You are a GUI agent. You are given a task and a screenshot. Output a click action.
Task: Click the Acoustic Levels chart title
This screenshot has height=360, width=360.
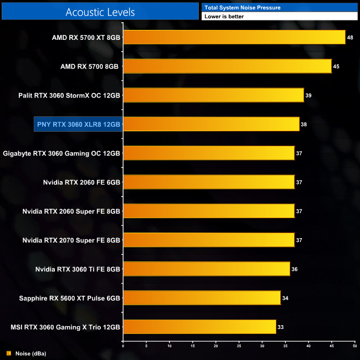100,12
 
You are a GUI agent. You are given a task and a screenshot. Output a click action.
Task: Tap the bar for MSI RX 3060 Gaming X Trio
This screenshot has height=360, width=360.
199,327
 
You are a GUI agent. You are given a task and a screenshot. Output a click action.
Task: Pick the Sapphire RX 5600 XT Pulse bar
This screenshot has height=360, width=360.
202,298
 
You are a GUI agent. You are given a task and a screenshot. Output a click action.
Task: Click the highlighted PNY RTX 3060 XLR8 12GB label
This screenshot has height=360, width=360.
78,124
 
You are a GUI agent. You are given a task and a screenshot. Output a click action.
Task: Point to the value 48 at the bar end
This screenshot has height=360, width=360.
350,38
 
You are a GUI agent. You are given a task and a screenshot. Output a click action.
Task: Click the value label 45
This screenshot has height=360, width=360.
336,67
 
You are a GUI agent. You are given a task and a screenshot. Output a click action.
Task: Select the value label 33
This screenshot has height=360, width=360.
280,327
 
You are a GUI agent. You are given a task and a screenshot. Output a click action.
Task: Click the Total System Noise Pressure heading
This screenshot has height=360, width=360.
242,7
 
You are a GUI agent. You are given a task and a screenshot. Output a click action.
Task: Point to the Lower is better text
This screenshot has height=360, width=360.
224,17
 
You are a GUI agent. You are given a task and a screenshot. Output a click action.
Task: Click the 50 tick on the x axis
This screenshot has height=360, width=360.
354,347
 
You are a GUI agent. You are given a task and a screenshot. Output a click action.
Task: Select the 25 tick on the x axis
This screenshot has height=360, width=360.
239,347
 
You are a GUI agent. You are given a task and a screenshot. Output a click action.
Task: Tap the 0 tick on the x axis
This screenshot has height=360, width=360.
123,347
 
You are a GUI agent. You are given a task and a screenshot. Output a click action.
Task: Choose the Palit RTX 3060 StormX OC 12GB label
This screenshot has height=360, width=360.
69,95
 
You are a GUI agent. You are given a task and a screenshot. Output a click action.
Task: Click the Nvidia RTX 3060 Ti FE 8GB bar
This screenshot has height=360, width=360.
206,269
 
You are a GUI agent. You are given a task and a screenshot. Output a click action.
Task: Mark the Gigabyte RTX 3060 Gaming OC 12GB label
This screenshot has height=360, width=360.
61,153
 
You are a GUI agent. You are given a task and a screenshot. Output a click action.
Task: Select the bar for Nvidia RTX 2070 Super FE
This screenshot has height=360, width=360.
208,240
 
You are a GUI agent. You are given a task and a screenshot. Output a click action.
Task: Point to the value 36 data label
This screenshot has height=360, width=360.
294,270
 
